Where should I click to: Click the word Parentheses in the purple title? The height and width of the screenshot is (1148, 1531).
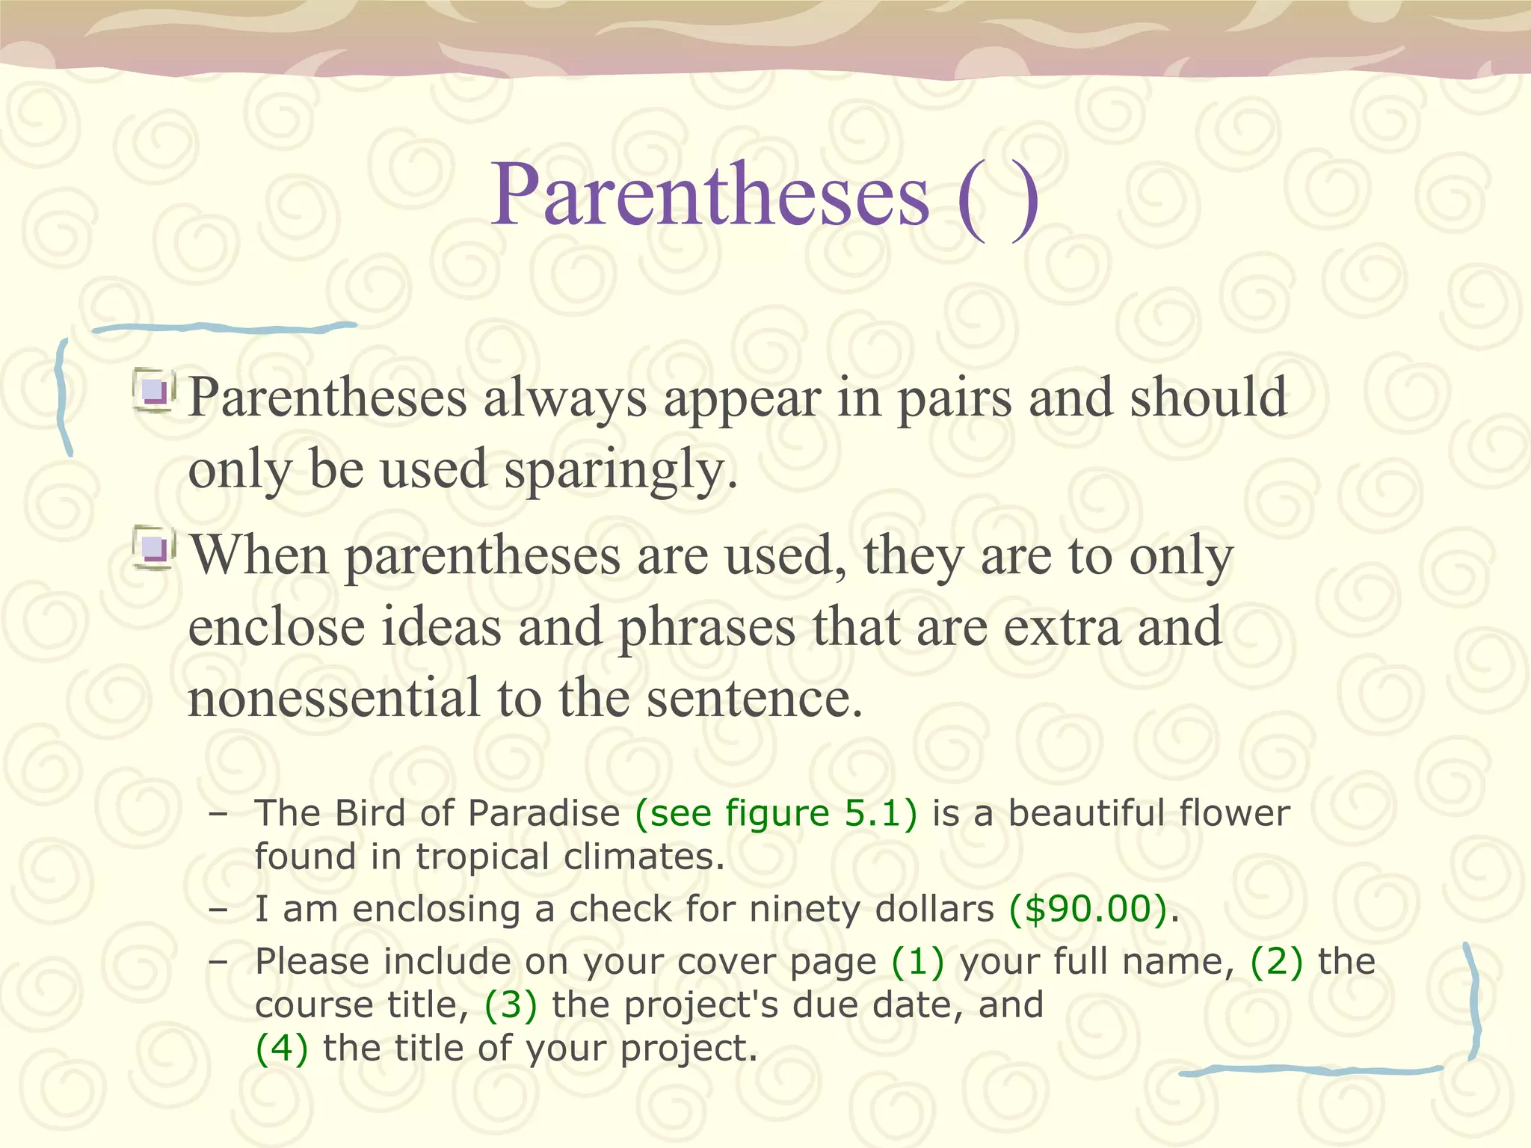point(710,196)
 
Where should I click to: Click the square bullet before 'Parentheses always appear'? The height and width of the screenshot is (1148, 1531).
point(155,391)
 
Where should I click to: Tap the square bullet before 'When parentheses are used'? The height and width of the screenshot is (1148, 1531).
point(155,549)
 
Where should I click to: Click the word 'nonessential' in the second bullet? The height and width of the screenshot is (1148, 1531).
point(333,698)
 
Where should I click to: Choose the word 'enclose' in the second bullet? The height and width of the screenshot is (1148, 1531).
point(276,627)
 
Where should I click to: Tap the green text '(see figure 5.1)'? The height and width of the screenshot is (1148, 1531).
point(776,813)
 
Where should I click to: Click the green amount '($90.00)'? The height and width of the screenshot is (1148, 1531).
point(1088,910)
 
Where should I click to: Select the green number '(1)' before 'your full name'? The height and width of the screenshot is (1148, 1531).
point(917,962)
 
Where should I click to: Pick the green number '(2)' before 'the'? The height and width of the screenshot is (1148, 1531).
point(1276,962)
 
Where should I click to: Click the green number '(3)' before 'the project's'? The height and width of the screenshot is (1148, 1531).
point(511,1005)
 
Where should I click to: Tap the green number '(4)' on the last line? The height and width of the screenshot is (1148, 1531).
point(281,1049)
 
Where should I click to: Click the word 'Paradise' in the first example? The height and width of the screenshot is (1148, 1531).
point(543,813)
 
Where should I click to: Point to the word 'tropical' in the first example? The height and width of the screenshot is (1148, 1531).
point(483,857)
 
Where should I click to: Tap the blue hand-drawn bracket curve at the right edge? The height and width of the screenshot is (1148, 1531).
point(1473,1002)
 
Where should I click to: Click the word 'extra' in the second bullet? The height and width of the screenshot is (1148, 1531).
point(1062,627)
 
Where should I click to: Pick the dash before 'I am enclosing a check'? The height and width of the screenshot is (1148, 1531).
point(218,910)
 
